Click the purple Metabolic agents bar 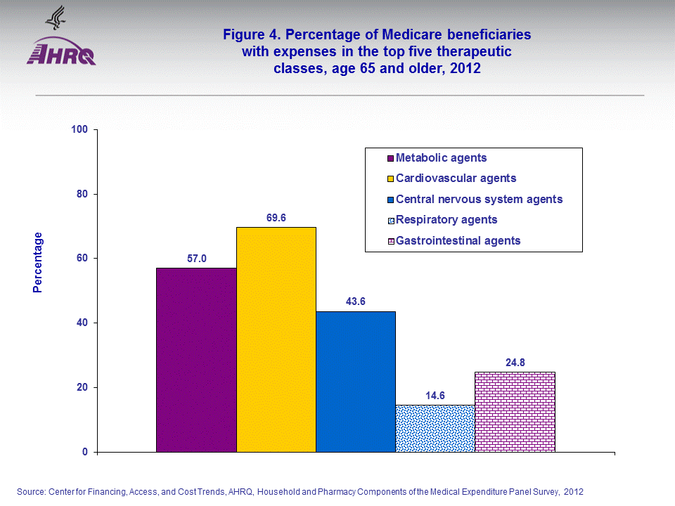click(196, 360)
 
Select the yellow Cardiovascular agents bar click(276, 339)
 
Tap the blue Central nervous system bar click(355, 382)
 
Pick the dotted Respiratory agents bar click(435, 428)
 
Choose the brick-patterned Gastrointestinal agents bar click(515, 412)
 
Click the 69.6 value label click(276, 218)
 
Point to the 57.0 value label click(196, 259)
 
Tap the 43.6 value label click(355, 301)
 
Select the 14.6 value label click(435, 395)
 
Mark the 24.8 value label click(515, 363)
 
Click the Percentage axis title click(38, 262)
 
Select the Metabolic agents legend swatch click(390, 158)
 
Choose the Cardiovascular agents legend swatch click(390, 179)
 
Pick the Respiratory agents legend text click(446, 220)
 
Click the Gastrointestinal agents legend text click(458, 240)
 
